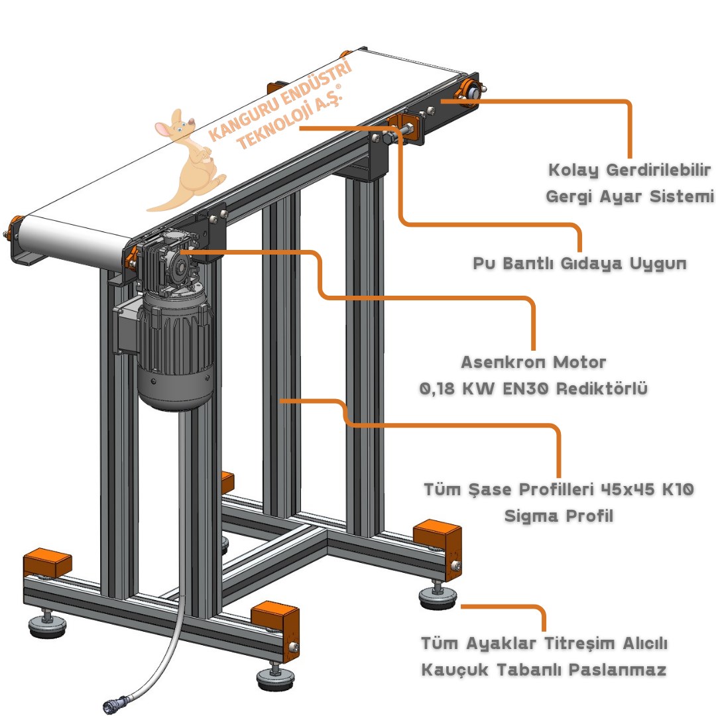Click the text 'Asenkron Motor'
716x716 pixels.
coord(533,363)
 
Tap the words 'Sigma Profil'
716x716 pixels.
coord(558,516)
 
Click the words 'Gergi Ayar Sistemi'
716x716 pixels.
coord(629,197)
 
